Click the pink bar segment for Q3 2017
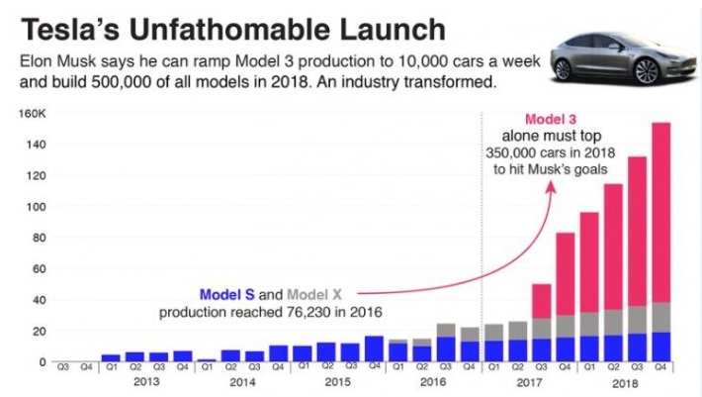tap(542, 301)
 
